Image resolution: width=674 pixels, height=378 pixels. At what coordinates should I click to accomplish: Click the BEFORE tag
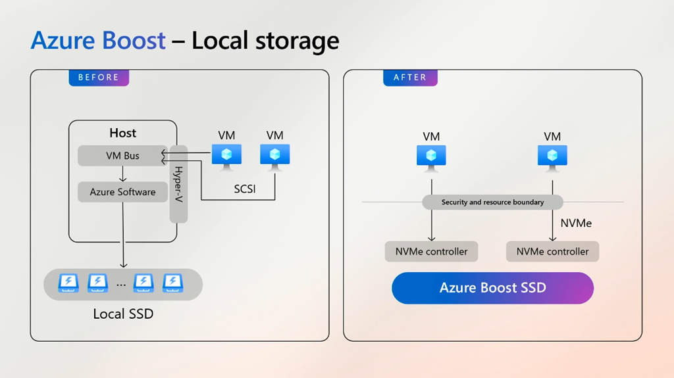coord(99,78)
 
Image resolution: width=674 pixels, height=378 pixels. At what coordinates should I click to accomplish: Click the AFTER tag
coord(410,78)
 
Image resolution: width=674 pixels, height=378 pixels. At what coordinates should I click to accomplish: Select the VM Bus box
coord(122,156)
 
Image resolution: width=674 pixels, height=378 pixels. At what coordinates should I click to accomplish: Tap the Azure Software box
coord(122,192)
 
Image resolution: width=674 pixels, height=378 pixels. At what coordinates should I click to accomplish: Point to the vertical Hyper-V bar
coord(178,184)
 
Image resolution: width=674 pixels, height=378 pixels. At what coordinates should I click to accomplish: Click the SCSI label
coord(245,189)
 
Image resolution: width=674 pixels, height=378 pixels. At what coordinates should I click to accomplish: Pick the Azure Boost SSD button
coord(492,288)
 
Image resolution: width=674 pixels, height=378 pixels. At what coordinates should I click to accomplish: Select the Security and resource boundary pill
coord(492,202)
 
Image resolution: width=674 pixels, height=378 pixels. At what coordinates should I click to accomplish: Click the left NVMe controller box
coord(431,251)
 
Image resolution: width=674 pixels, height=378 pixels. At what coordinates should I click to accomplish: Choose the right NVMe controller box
coord(552,251)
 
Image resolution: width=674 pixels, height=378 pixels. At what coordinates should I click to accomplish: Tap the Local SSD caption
coord(123,314)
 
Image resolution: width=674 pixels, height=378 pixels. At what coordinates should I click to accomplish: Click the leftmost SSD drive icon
coord(68,283)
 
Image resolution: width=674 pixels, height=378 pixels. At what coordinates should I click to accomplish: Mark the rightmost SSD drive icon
coord(172,283)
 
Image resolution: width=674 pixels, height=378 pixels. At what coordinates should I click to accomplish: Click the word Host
coord(122,133)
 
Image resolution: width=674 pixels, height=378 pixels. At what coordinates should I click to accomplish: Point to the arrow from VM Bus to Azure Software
coord(122,174)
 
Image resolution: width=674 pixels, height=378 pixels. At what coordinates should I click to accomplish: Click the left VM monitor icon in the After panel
coord(431,157)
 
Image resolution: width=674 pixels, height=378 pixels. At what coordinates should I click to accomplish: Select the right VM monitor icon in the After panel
coord(552,157)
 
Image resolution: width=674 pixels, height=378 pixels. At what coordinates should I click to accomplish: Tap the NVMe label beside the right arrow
coord(576,224)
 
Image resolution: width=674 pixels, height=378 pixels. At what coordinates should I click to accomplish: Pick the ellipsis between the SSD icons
coord(121,285)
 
